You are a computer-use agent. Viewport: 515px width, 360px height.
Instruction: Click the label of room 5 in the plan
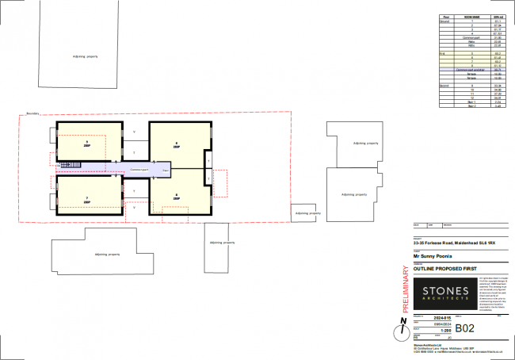(86, 144)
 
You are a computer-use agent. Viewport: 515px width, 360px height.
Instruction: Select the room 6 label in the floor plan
(176, 144)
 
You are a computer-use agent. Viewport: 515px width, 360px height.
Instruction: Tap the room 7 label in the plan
(86, 200)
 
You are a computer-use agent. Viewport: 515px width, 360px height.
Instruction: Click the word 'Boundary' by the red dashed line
(32, 113)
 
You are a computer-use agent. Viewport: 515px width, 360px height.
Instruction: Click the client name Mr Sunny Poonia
(427, 256)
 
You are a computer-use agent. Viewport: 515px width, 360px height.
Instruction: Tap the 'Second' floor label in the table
(444, 84)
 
